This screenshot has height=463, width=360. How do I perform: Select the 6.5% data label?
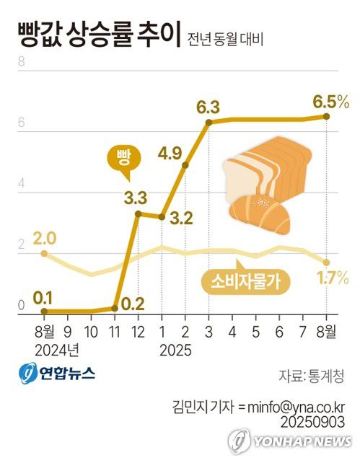(330, 102)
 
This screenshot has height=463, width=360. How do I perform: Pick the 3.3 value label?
(137, 197)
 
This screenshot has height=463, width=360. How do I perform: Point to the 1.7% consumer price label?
(332, 276)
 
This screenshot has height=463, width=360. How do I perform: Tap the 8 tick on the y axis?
(22, 62)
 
